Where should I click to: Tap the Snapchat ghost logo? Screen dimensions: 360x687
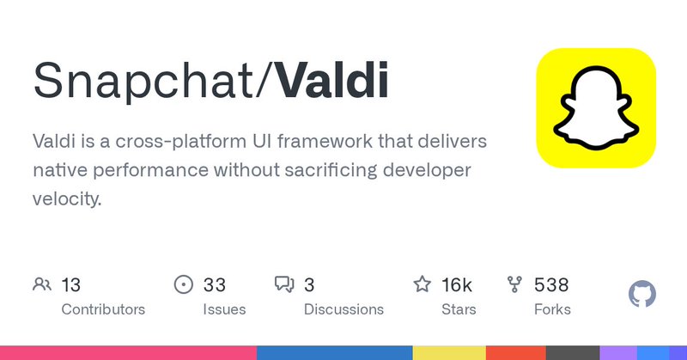click(596, 108)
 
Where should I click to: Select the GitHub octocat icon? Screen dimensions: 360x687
click(642, 295)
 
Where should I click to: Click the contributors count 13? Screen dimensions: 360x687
click(70, 284)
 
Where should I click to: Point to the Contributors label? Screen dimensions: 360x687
click(103, 309)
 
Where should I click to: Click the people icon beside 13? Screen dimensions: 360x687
click(41, 284)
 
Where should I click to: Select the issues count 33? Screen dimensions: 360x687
click(215, 284)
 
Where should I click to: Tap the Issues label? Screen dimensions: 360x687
click(224, 309)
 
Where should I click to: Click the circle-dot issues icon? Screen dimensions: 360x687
click(184, 284)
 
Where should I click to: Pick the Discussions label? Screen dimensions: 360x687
click(343, 309)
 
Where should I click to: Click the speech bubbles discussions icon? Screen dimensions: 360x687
click(284, 284)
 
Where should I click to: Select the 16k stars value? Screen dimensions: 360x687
click(455, 284)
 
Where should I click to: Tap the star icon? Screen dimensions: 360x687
click(423, 284)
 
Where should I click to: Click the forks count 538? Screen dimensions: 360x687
click(551, 284)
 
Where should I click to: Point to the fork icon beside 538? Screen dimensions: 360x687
click(515, 284)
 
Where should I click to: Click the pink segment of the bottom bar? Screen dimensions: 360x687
click(128, 352)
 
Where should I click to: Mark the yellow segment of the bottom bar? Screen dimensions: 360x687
click(448, 352)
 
